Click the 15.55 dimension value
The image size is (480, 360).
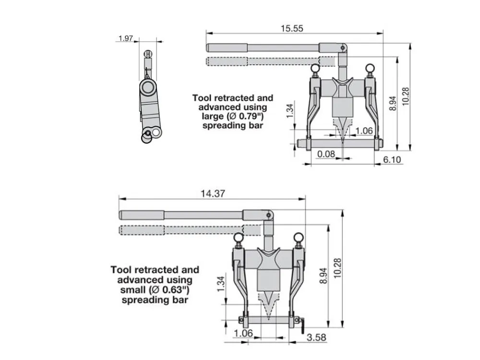(292, 28)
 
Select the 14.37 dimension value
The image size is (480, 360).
(213, 194)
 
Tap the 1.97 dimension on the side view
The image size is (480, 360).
(125, 38)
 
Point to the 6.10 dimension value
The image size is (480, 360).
(392, 159)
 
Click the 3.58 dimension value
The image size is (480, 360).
(316, 337)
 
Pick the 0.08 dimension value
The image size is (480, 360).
(326, 154)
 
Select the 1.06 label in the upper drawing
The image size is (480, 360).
(364, 131)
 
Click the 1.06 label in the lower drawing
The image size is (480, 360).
(243, 333)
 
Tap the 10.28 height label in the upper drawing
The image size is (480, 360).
(405, 97)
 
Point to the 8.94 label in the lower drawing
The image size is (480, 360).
(324, 276)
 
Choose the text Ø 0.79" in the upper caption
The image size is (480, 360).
(245, 116)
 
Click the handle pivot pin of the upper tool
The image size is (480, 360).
(343, 48)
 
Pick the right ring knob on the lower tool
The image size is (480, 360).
(299, 237)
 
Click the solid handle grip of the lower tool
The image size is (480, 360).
(142, 215)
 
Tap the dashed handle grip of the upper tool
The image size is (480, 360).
(227, 61)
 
